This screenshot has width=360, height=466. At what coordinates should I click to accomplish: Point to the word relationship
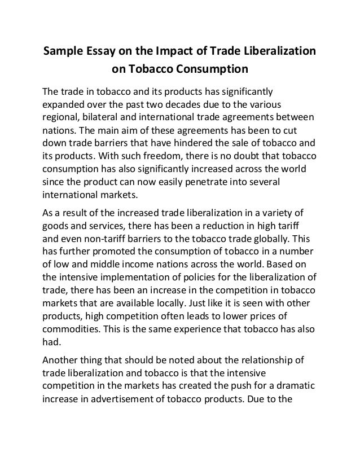[271, 357]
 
